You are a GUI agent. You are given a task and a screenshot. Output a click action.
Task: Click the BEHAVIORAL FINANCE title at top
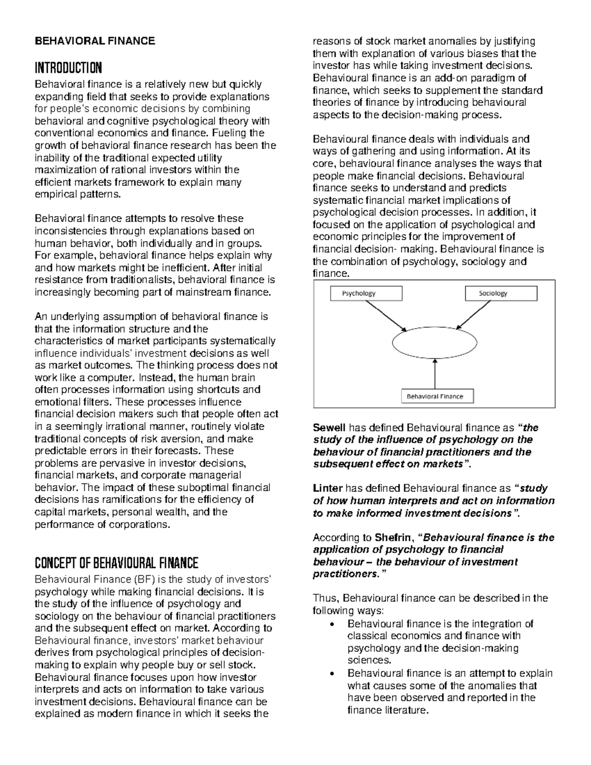point(94,41)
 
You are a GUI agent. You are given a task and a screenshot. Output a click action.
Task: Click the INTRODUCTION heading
point(68,67)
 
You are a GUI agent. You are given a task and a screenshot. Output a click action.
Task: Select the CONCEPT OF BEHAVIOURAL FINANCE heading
point(116,563)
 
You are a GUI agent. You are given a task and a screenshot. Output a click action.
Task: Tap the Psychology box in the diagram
point(366,294)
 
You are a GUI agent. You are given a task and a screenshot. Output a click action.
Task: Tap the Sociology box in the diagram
point(500,294)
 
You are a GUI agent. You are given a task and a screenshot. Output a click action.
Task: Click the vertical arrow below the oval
point(435,374)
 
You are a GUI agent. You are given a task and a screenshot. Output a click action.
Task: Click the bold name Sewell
point(329,428)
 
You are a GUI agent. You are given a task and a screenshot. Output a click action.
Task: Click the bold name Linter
point(328,489)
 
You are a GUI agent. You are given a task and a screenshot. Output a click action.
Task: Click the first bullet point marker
point(335,625)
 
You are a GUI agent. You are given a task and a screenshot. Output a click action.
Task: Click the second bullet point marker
point(335,674)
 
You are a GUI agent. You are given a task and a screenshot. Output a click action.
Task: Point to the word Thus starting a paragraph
point(325,599)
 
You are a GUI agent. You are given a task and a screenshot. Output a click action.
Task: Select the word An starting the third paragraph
point(41,317)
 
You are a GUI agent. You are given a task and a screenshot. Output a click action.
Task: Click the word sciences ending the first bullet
point(369,661)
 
